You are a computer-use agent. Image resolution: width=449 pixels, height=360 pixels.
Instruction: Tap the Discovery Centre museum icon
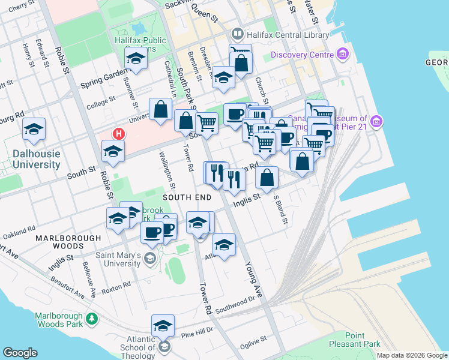coord(343,55)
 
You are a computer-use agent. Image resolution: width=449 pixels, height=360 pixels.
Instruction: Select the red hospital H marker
coord(119,133)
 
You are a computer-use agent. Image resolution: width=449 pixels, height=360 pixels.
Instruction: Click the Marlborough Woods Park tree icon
coord(92,319)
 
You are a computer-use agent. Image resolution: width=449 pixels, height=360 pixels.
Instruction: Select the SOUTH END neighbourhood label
coord(186,197)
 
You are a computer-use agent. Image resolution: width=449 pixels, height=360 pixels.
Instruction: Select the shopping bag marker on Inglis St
coord(267,177)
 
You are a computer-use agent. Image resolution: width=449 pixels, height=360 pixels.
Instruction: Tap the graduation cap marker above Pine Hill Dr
coord(162,325)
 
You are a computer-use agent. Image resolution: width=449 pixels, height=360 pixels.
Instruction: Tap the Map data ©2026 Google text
coord(411,355)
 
